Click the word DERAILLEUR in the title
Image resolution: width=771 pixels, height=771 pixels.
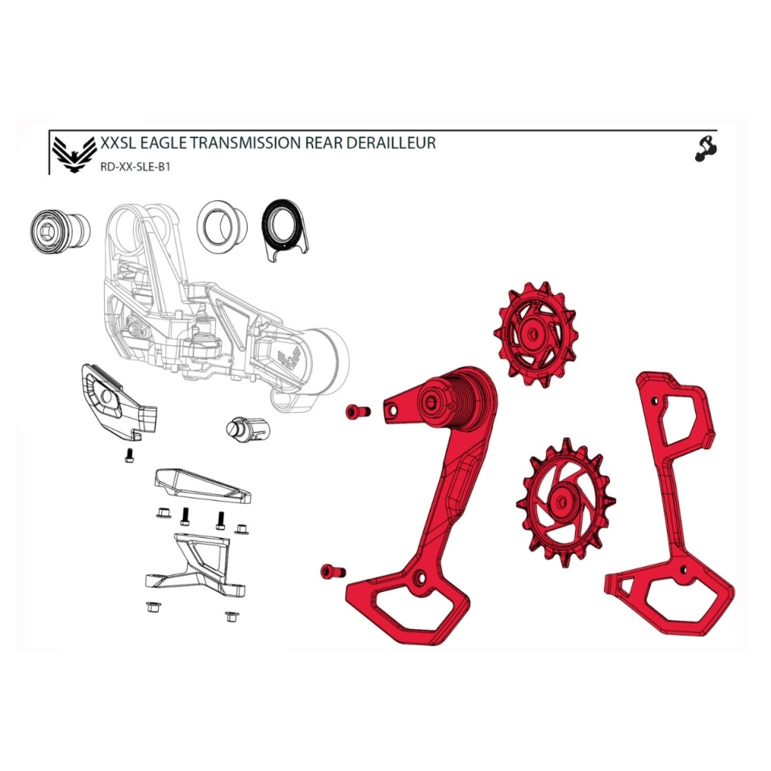391,143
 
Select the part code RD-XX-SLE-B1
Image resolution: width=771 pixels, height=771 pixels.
135,167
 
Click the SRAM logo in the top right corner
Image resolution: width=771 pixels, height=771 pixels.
706,149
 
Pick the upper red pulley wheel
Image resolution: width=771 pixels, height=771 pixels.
535,335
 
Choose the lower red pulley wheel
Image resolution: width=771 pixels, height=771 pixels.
565,502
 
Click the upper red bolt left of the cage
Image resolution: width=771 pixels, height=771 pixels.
358,411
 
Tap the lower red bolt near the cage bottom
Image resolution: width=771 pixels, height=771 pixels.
332,572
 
